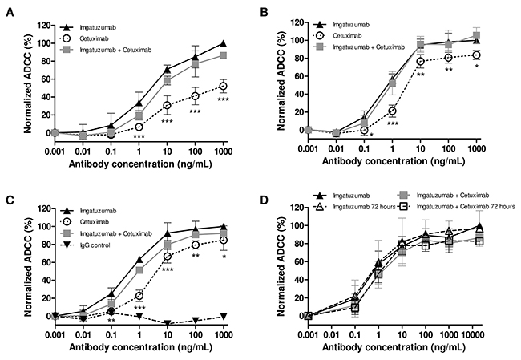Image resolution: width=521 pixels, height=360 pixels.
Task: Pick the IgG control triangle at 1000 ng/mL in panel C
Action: pyautogui.click(x=224, y=317)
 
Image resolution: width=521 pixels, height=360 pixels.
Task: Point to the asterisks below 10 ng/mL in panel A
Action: pyautogui.click(x=168, y=122)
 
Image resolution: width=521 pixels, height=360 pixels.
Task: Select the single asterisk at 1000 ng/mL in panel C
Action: pyautogui.click(x=224, y=256)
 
